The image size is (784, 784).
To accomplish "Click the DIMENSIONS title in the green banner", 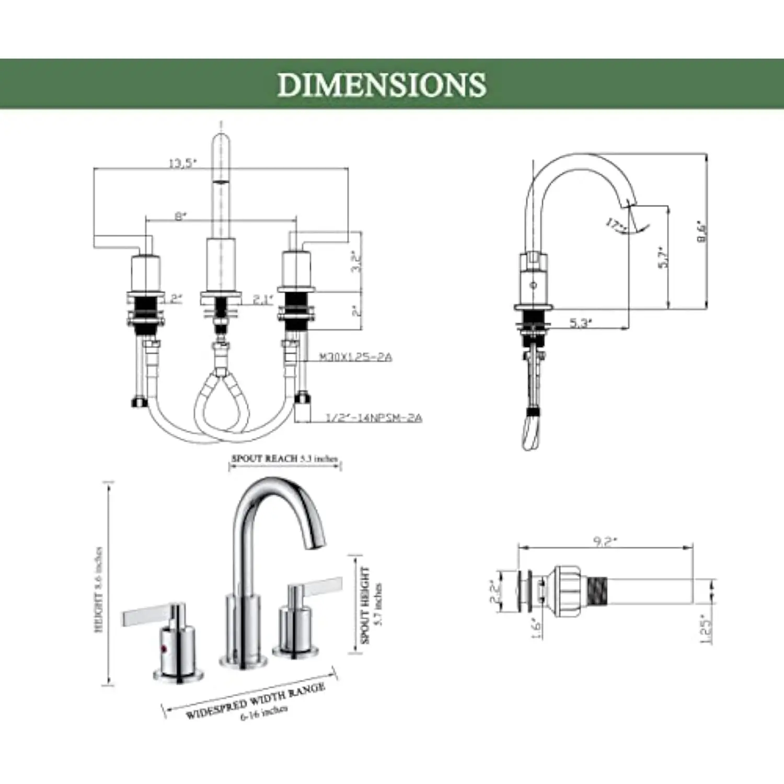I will coord(382,85).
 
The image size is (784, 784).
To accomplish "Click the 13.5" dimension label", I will coord(182,163).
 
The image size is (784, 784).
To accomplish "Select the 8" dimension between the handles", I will coord(180,216).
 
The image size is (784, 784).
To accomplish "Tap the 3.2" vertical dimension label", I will coord(356,261).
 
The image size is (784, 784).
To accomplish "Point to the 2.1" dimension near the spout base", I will coord(263,299).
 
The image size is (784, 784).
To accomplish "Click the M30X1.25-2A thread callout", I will coord(355,357).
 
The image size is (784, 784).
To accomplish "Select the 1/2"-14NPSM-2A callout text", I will coord(373,418).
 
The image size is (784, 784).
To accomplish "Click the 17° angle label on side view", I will coord(617,225).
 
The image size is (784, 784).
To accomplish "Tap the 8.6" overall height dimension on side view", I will coord(701,232).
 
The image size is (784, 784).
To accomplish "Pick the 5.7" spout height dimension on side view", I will coord(663,257).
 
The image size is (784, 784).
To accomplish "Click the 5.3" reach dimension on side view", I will coord(581,323).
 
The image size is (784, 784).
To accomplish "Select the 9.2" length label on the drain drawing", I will coord(605,541).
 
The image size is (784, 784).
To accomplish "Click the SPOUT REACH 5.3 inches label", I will coord(285,458).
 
